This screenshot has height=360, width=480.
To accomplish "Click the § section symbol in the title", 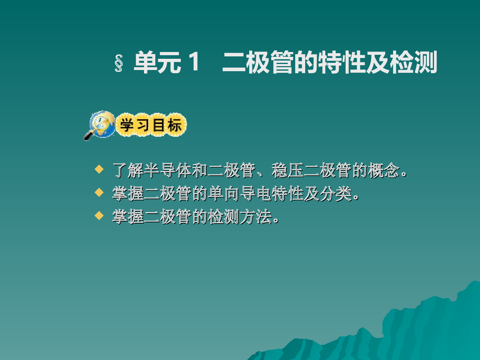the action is point(119,63).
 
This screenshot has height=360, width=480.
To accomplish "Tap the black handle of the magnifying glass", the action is point(88,136).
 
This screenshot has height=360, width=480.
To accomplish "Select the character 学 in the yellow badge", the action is point(127,125).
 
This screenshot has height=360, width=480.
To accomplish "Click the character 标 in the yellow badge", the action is point(174,125).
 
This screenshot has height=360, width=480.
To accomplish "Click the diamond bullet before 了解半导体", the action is point(99,169).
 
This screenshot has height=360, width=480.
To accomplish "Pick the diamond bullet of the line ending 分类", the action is point(99,192).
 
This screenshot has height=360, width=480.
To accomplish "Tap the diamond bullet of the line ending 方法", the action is point(99,215).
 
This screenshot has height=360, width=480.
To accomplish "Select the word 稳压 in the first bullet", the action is point(287,170).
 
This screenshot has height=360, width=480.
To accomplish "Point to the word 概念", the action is point(384,170).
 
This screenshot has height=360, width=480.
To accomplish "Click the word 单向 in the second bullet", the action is point(224,194).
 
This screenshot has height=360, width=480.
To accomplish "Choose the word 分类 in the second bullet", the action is point(336,194).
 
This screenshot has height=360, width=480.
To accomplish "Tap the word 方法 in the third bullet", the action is point(256,217).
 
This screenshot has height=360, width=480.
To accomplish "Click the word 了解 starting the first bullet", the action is point(128,170).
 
